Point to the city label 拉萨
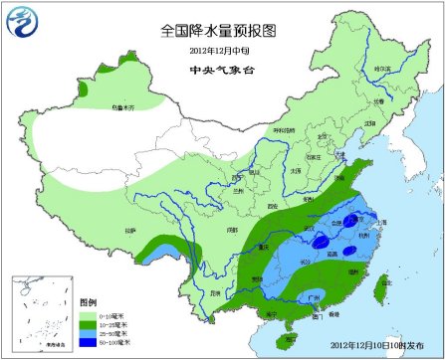pos(129,231)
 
